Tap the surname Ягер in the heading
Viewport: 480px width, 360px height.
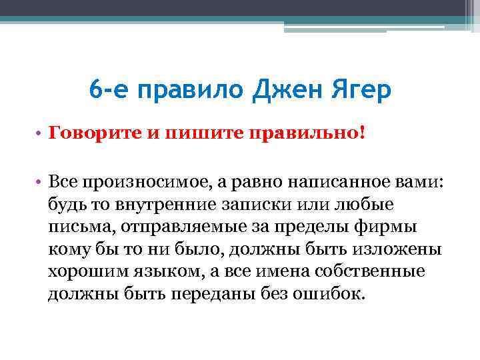pyautogui.click(x=357, y=89)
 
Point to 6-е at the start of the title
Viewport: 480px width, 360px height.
pyautogui.click(x=110, y=89)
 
